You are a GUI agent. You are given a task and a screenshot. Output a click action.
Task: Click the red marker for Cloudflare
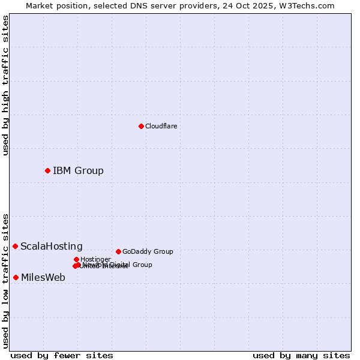[141, 126]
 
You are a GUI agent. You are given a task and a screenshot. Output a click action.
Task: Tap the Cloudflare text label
[161, 126]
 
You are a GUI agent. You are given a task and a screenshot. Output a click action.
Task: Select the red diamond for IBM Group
[47, 170]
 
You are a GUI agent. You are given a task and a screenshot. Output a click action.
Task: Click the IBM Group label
[78, 171]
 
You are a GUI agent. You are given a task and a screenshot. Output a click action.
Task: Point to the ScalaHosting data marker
[15, 246]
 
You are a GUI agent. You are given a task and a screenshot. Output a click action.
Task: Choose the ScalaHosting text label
[52, 247]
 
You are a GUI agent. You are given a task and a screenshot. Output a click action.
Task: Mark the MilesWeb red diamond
[16, 277]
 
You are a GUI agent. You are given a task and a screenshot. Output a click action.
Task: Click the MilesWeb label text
[43, 278]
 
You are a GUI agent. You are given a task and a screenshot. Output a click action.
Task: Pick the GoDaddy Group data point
[118, 251]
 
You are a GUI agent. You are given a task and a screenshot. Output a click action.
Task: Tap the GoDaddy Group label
[148, 252]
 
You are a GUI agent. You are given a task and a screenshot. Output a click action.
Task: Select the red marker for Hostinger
[76, 259]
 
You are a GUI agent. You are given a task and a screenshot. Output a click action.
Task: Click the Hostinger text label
[95, 259]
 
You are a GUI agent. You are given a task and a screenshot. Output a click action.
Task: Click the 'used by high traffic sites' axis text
[6, 86]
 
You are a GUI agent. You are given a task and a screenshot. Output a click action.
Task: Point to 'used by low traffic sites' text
[6, 280]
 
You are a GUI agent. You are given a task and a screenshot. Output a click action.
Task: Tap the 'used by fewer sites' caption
[62, 356]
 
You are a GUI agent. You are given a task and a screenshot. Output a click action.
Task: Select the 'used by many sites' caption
[301, 356]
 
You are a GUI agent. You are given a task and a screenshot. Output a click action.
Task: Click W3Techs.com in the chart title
[310, 5]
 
